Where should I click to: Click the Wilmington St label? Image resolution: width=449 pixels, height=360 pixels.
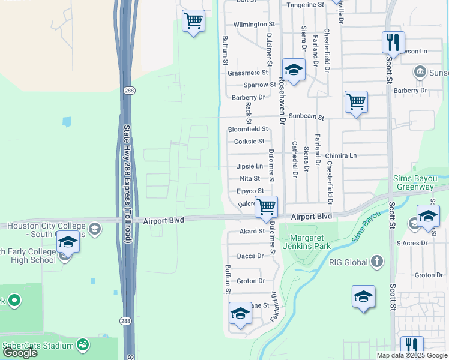pyautogui.click(x=254, y=25)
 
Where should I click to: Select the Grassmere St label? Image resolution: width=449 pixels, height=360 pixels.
pyautogui.click(x=247, y=73)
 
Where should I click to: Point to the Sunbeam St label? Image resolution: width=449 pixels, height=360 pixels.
pyautogui.click(x=306, y=118)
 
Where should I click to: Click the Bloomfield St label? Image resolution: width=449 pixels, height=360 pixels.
pyautogui.click(x=247, y=129)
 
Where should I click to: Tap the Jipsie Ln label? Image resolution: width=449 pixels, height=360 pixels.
pyautogui.click(x=250, y=166)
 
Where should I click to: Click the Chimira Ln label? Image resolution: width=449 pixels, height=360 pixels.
pyautogui.click(x=341, y=155)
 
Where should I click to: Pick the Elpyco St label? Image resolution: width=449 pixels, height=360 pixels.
pyautogui.click(x=250, y=191)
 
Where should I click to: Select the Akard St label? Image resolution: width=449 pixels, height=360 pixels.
pyautogui.click(x=252, y=231)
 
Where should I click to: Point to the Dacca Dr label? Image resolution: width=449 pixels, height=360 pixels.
pyautogui.click(x=250, y=256)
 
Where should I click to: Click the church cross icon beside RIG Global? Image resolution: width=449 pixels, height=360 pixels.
pyautogui.click(x=376, y=261)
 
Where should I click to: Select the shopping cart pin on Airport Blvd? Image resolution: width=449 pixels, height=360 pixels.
pyautogui.click(x=266, y=206)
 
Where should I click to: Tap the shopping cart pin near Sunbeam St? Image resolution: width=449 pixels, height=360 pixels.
pyautogui.click(x=357, y=102)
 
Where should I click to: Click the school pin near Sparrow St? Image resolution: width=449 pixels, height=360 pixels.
pyautogui.click(x=294, y=70)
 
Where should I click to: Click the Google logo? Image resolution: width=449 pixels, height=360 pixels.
pyautogui.click(x=20, y=353)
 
